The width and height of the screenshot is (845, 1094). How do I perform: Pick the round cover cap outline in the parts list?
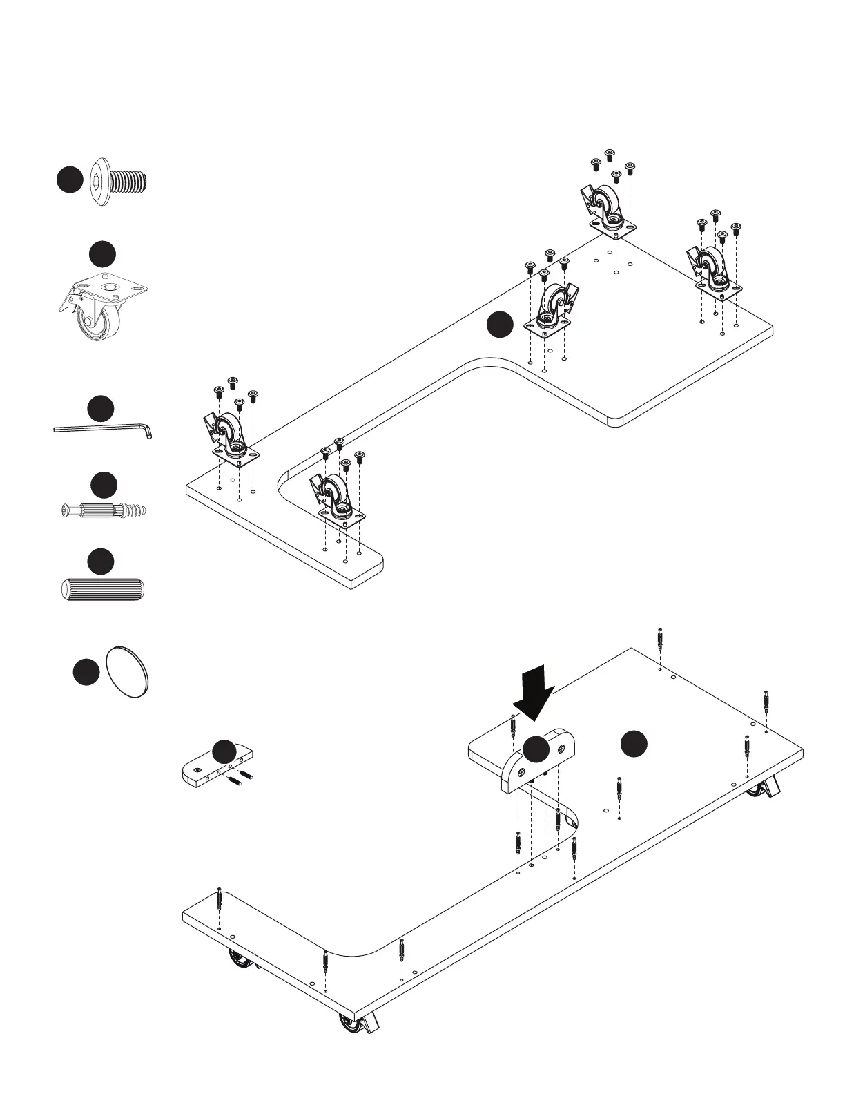(x=128, y=673)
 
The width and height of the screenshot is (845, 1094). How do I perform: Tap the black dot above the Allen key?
(x=101, y=408)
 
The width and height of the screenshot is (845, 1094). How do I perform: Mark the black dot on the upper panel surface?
(x=500, y=325)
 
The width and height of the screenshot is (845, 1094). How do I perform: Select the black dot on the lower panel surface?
(x=633, y=744)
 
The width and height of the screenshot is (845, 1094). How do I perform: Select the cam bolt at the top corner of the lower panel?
(x=661, y=639)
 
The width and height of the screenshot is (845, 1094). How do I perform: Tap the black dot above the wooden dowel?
(x=101, y=561)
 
